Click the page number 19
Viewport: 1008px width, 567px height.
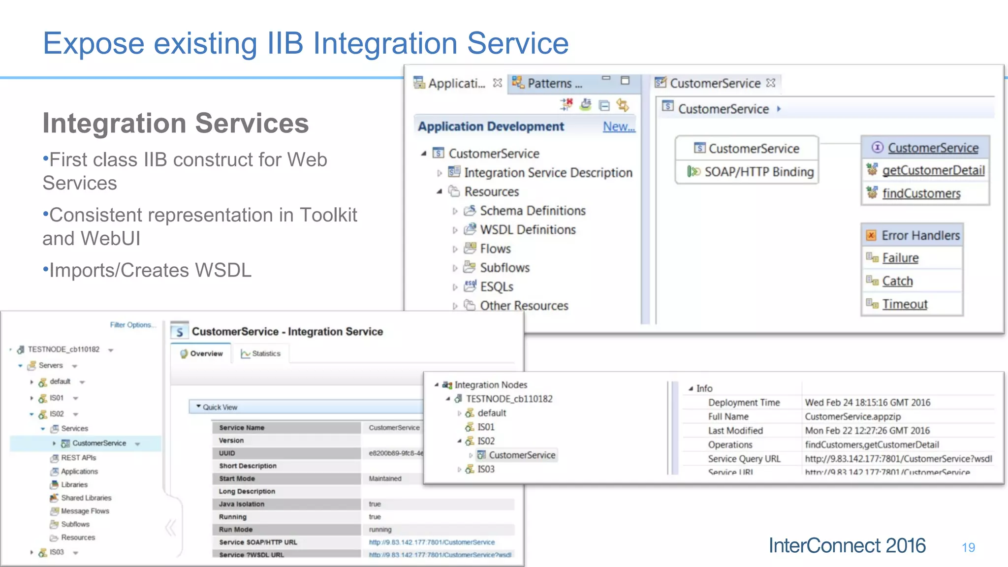click(x=968, y=547)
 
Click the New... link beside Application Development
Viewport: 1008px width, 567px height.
click(x=619, y=126)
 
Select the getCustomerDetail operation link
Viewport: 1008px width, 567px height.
click(x=933, y=170)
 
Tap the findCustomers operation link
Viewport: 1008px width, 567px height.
click(x=921, y=193)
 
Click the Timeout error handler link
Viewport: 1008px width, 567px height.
click(x=905, y=304)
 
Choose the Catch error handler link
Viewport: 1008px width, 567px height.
click(x=897, y=281)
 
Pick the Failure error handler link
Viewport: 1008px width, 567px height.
click(x=900, y=258)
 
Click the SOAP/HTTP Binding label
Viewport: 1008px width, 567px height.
click(x=759, y=172)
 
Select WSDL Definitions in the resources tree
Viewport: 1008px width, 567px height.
click(x=528, y=230)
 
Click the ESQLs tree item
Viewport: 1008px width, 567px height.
click(x=497, y=287)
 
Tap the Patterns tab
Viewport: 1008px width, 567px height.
click(x=549, y=83)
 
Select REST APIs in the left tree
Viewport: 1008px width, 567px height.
click(x=78, y=458)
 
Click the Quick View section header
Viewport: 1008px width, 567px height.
click(x=220, y=407)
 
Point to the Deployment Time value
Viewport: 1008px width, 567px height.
click(x=867, y=403)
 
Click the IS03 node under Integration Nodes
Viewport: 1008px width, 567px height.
click(x=485, y=469)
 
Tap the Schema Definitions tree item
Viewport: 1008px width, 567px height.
click(x=533, y=211)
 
